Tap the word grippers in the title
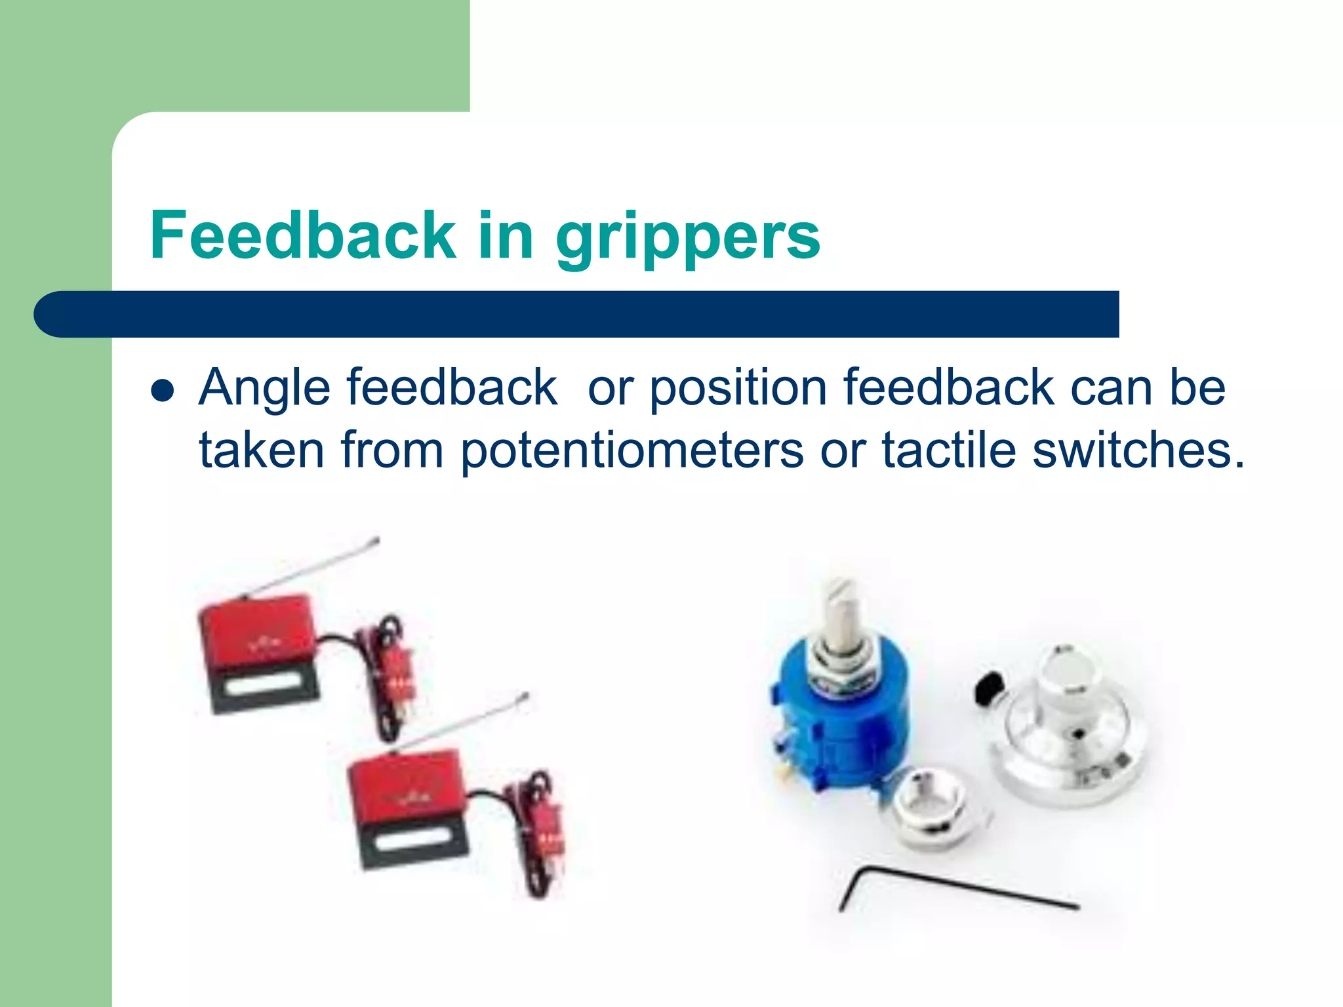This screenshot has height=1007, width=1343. (688, 237)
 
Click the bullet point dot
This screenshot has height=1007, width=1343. (162, 391)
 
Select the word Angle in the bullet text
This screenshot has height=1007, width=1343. (264, 388)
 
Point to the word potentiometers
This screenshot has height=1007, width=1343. (631, 451)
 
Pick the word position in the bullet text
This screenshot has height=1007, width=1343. (738, 388)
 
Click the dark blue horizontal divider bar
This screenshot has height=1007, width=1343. (590, 314)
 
